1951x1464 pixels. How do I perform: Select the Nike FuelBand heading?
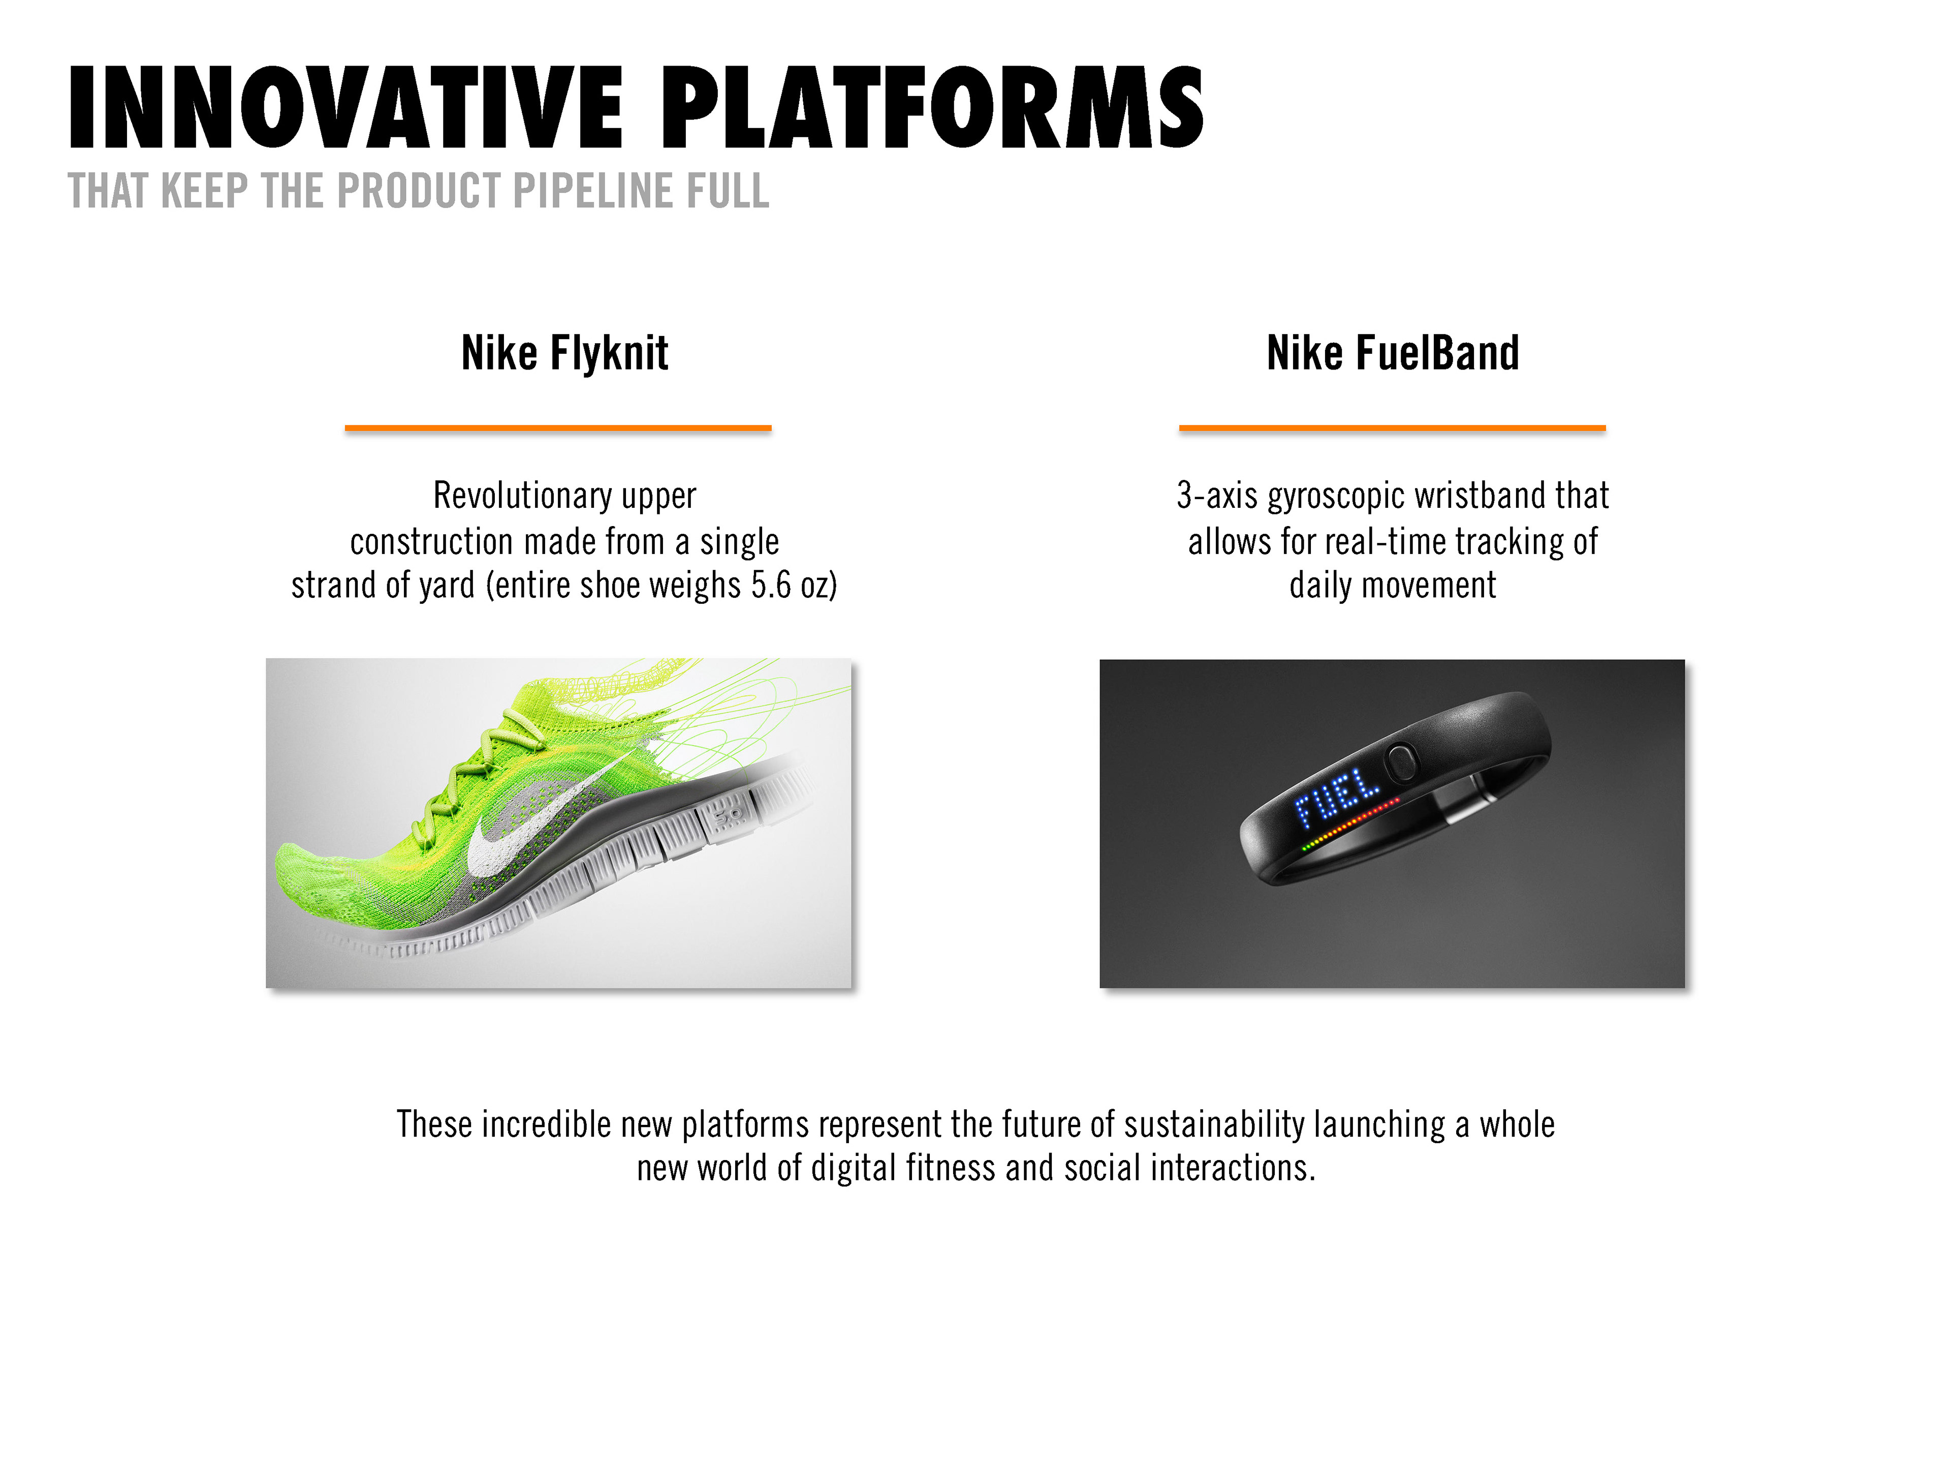(x=1393, y=353)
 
